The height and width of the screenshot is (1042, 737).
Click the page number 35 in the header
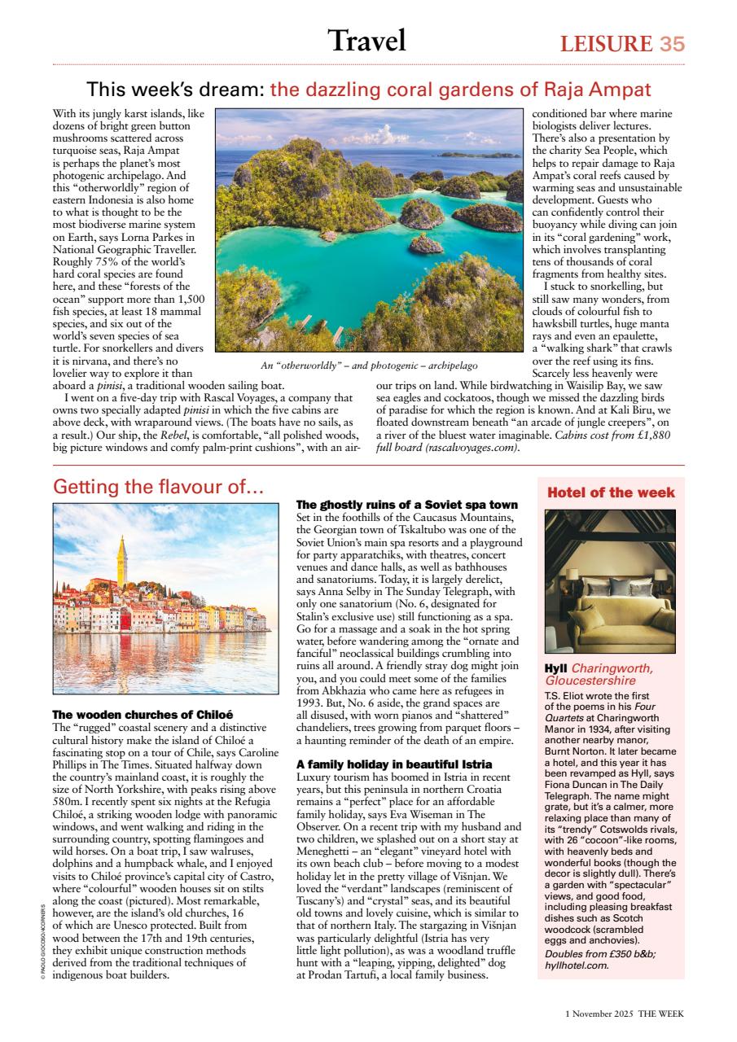click(672, 43)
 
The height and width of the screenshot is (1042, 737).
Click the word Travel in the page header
click(366, 40)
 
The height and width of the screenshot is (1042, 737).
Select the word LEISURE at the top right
click(606, 44)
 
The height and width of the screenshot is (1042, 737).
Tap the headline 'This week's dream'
click(175, 89)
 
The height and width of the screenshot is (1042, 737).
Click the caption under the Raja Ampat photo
click(369, 366)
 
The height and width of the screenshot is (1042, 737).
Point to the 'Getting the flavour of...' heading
click(158, 487)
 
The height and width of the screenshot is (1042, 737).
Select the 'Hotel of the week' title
click(611, 493)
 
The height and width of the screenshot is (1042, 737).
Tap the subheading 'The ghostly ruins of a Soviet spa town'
click(406, 506)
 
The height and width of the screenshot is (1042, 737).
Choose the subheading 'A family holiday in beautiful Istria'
click(393, 764)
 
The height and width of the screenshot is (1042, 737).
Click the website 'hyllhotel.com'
click(576, 965)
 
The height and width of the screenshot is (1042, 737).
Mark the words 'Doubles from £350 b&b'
click(594, 954)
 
